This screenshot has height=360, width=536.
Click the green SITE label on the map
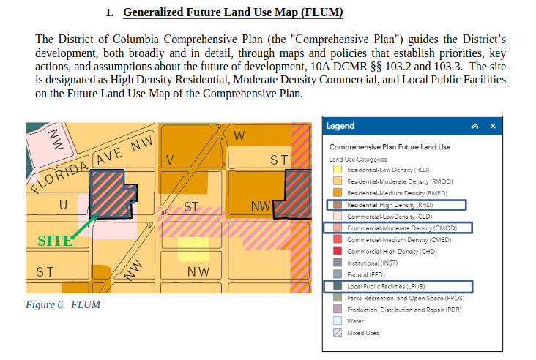coord(55,241)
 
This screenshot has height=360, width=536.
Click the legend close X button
coord(493,126)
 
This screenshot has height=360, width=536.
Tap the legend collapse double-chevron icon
coord(475,126)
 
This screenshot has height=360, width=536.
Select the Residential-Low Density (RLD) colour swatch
coord(338,170)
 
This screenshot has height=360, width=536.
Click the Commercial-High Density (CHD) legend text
coord(392,252)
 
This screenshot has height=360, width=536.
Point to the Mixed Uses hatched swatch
coord(338,332)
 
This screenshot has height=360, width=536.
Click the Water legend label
coord(355,321)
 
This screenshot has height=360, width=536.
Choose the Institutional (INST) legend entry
coord(372,263)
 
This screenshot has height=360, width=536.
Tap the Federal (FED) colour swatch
coord(338,274)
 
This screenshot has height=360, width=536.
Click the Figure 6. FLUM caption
coord(63,304)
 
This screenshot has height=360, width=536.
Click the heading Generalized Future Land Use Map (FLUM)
coord(233,12)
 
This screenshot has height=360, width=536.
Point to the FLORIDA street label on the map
coord(59,176)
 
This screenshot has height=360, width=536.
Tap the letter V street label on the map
coord(170,160)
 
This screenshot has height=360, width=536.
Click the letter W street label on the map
coord(239,136)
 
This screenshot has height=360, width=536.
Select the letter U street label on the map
coord(63,205)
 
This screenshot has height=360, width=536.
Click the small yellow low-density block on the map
coord(193,250)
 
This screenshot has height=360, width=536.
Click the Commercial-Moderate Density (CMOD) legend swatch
coord(338,228)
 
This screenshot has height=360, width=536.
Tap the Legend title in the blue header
coord(340,126)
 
